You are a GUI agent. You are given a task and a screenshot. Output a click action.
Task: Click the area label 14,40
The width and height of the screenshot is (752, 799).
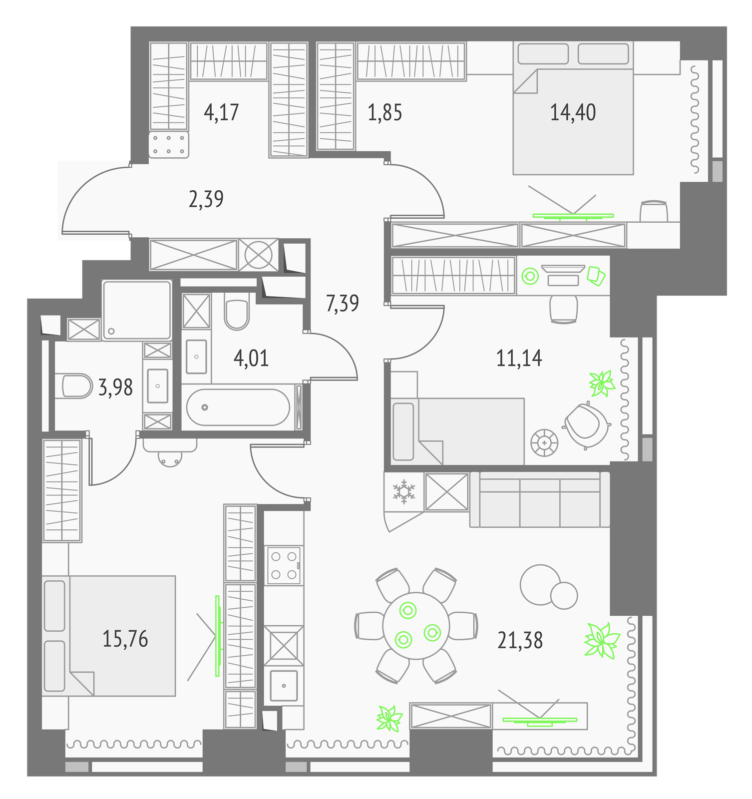tap(573, 113)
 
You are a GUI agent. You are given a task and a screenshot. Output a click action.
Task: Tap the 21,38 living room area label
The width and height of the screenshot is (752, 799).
tap(520, 640)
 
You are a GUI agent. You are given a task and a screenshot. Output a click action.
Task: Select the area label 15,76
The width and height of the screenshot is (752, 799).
tap(125, 639)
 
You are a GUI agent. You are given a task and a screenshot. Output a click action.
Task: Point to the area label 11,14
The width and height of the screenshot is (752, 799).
tap(519, 359)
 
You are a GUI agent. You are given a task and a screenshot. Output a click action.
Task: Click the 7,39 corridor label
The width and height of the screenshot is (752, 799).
tap(342, 304)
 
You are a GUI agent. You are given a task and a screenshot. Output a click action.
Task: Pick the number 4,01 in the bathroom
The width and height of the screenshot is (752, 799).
tap(251, 359)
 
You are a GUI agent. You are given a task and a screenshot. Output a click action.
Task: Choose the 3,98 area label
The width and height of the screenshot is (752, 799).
tap(115, 388)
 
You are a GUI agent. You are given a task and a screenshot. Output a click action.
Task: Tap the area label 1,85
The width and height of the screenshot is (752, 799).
tap(384, 113)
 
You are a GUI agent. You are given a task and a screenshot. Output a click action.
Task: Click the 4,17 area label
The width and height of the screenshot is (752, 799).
tap(221, 113)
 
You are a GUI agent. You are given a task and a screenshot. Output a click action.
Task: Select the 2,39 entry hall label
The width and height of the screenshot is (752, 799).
tap(206, 200)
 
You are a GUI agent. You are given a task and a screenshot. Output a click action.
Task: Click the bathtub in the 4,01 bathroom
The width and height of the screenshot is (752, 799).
tap(238, 407)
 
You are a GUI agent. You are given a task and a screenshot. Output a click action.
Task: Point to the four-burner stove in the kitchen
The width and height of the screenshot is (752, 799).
tap(284, 565)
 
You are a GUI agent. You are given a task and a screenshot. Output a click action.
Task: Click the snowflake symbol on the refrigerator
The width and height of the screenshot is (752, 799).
tap(403, 491)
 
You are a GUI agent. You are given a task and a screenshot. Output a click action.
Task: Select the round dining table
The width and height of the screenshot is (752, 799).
tap(416, 626)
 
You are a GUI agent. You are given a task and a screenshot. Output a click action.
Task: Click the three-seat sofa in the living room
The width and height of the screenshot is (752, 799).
tap(540, 499)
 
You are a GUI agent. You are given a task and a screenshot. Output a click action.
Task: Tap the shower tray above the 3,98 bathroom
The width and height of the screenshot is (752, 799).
tap(137, 310)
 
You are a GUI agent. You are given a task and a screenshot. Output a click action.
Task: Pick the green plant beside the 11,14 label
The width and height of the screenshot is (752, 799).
tap(601, 384)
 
